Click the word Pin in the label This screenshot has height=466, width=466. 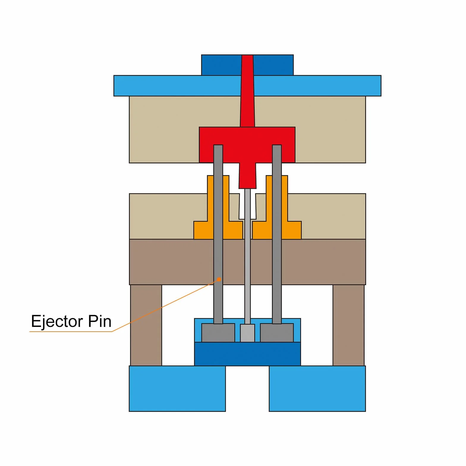point(100,321)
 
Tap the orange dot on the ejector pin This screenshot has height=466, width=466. point(219,279)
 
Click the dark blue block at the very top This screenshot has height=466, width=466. point(247,65)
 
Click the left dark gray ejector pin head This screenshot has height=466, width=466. point(218,333)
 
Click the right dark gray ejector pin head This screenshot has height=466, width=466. point(277,333)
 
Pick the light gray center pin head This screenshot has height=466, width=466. point(247,333)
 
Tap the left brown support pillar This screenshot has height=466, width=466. point(146,325)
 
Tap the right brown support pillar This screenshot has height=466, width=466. point(349,325)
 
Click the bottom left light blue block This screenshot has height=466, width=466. point(177,388)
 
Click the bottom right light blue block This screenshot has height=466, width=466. point(317,388)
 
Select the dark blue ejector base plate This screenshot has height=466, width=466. point(247,354)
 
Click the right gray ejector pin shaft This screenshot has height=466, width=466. point(277,234)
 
